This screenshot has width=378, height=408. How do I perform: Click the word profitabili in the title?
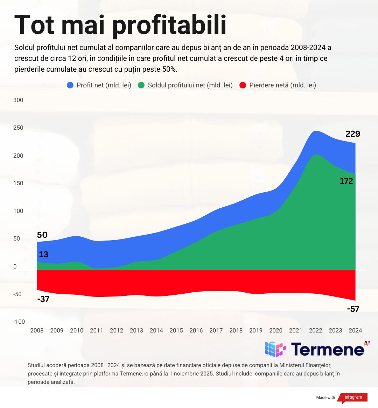pyautogui.click(x=169, y=25)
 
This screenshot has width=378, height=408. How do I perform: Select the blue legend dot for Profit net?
pyautogui.click(x=70, y=85)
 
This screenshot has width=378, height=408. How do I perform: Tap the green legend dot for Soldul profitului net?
pyautogui.click(x=141, y=85)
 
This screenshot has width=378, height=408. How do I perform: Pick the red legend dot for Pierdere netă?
pyautogui.click(x=243, y=85)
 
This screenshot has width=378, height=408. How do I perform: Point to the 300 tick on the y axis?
pyautogui.click(x=18, y=100)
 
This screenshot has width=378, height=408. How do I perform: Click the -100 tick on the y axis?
pyautogui.click(x=19, y=322)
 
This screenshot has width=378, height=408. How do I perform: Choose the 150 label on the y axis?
pyautogui.click(x=18, y=183)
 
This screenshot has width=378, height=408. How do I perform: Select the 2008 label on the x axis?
pyautogui.click(x=37, y=330)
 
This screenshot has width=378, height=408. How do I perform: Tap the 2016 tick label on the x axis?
pyautogui.click(x=196, y=330)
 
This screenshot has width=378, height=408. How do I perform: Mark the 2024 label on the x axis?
pyautogui.click(x=355, y=330)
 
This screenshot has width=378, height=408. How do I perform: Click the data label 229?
pyautogui.click(x=353, y=134)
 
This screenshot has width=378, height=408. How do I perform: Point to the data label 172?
pyautogui.click(x=346, y=181)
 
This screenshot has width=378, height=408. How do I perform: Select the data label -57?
pyautogui.click(x=353, y=309)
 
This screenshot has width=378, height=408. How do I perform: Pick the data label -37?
pyautogui.click(x=43, y=299)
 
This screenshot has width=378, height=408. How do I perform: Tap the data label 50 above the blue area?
pyautogui.click(x=42, y=235)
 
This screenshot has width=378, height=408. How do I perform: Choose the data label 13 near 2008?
pyautogui.click(x=43, y=255)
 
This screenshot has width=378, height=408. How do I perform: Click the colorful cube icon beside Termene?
pyautogui.click(x=275, y=349)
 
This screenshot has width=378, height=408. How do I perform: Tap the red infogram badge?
pyautogui.click(x=353, y=398)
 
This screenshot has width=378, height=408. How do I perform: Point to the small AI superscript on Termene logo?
pyautogui.click(x=366, y=343)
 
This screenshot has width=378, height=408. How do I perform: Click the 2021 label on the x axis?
pyautogui.click(x=295, y=330)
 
